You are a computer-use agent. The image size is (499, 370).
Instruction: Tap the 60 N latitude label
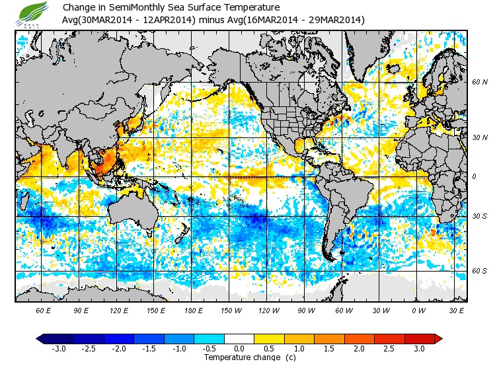tap(480, 83)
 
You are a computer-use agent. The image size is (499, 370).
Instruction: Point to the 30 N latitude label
tap(480, 137)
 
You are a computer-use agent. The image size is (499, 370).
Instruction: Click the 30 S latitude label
tap(480, 217)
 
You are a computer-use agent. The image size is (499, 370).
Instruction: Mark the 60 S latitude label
tap(480, 271)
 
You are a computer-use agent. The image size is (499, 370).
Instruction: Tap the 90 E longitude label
tap(81, 310)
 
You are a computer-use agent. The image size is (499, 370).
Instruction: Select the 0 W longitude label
tap(418, 310)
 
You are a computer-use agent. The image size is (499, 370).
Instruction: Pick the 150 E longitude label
tap(156, 310)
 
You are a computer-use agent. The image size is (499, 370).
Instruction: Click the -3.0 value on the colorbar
tap(59, 348)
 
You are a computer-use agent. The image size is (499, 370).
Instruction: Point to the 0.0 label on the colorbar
tap(239, 348)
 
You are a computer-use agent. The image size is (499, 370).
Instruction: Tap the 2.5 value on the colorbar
tap(389, 348)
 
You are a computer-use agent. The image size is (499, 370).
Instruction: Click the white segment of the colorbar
tap(239, 338)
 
